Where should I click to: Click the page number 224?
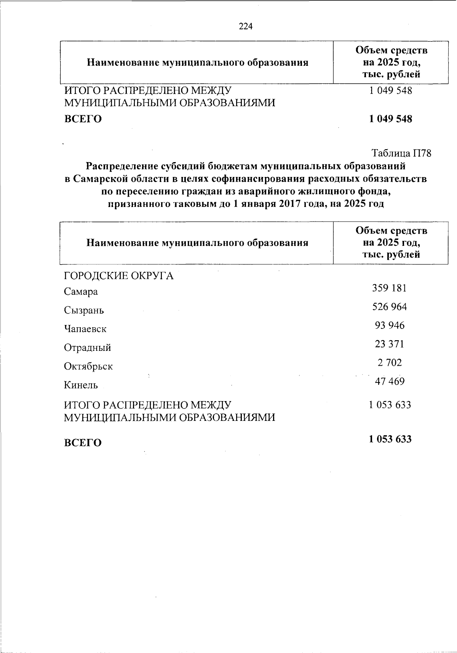[x=246, y=26]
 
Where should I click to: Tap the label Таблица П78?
[x=401, y=153]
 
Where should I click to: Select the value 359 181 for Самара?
[x=389, y=288]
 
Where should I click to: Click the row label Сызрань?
[x=84, y=311]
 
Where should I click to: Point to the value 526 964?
[x=389, y=307]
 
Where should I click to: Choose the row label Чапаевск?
[x=85, y=329]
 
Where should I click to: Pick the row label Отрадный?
[x=87, y=347]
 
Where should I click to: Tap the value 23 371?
[x=389, y=344]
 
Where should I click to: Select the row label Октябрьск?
[x=88, y=366]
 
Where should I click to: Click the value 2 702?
[x=390, y=363]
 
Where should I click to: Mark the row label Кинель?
[x=81, y=385]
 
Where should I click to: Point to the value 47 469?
[x=390, y=381]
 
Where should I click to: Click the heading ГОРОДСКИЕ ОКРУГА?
[x=118, y=276]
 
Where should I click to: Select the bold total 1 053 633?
[x=390, y=439]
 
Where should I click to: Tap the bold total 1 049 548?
[x=390, y=119]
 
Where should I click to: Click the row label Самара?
[x=81, y=292]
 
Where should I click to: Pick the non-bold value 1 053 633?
[x=390, y=405]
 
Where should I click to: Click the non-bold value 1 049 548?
[x=390, y=91]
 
